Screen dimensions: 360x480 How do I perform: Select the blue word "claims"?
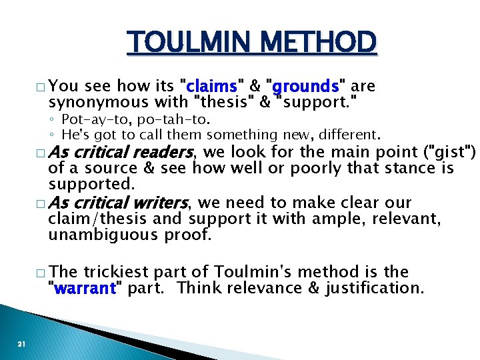click(212, 87)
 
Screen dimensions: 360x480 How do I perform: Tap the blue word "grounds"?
click(305, 87)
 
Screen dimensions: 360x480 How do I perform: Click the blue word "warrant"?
click(85, 289)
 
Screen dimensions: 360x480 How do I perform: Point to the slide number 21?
click(21, 344)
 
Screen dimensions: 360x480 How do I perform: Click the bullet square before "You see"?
click(41, 87)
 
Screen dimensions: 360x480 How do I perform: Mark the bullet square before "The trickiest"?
click(41, 273)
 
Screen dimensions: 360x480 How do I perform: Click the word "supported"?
click(86, 185)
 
